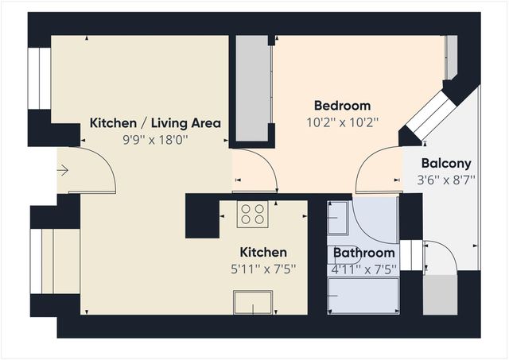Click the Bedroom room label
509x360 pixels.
click(342, 106)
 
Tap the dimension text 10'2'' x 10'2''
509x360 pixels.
click(342, 122)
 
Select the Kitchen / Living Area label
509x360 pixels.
click(155, 123)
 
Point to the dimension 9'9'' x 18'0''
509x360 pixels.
click(155, 139)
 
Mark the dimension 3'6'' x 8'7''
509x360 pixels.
click(446, 180)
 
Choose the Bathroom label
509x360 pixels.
click(364, 254)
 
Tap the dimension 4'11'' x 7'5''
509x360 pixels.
click(364, 269)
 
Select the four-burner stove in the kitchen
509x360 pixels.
click(254, 214)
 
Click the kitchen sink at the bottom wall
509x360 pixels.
click(253, 303)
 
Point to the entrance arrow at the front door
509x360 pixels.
click(64, 170)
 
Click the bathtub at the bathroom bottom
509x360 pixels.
click(363, 298)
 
